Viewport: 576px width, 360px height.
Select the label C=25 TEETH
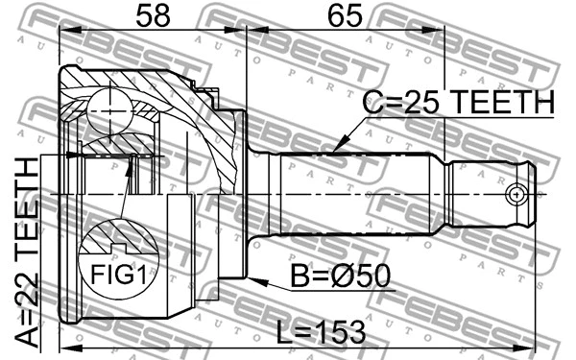[459, 103]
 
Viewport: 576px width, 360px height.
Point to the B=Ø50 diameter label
[345, 276]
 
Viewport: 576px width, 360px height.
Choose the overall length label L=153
[322, 332]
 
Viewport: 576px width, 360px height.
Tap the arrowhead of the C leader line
[331, 152]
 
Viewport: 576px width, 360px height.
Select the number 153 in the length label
[339, 332]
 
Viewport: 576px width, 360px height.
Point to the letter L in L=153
[284, 332]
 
